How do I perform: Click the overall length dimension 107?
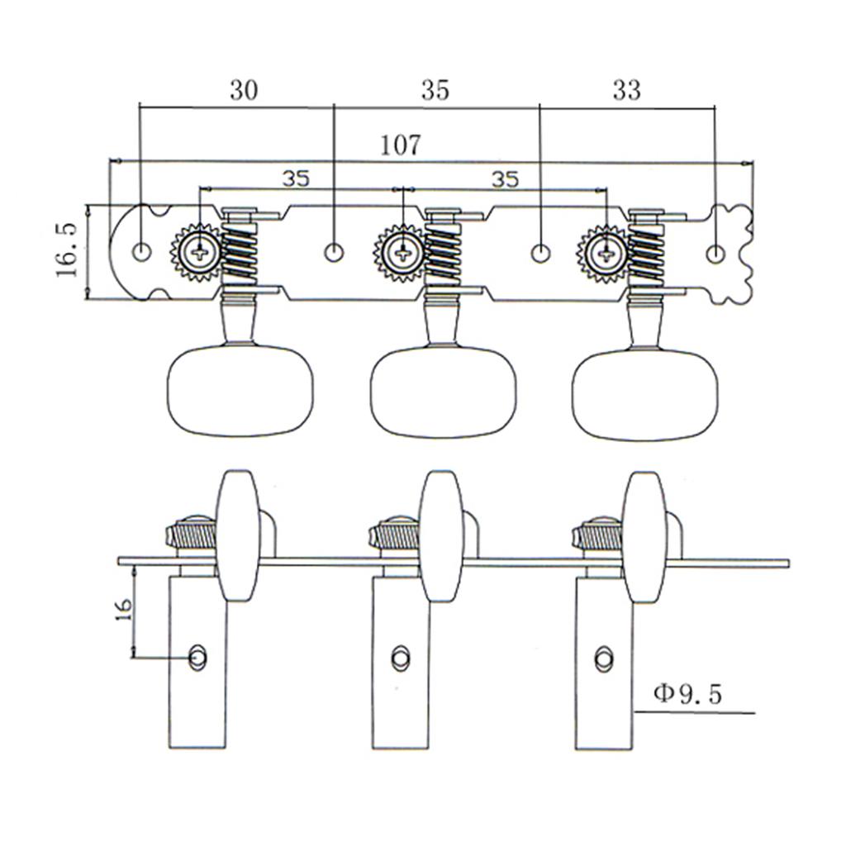(x=401, y=145)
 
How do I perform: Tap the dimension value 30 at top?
(x=243, y=90)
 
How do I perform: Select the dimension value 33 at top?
(x=626, y=90)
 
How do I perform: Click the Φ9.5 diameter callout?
(x=687, y=694)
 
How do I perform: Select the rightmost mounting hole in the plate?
(x=716, y=250)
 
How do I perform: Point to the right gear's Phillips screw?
(x=606, y=251)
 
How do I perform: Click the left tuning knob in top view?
(x=241, y=392)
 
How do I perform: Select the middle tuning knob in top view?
(x=444, y=393)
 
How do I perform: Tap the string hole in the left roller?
(x=198, y=657)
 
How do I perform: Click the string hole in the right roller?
(x=604, y=657)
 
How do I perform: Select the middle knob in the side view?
(x=439, y=536)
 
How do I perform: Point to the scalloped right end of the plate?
(x=733, y=251)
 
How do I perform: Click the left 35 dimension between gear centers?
(x=295, y=178)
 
